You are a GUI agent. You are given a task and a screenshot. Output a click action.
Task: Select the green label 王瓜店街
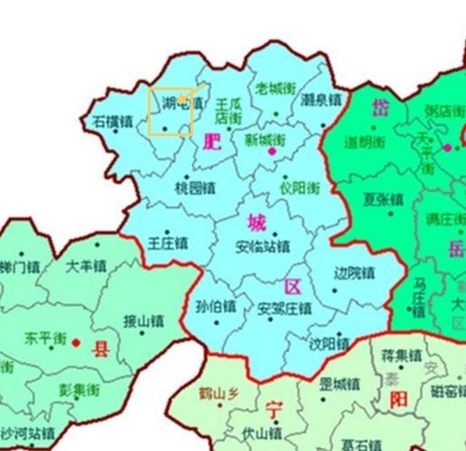[228, 111]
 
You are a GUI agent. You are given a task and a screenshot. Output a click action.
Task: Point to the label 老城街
[275, 88]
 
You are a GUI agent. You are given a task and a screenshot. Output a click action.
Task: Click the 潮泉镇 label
[320, 98]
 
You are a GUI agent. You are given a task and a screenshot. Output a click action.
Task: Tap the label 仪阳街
[299, 189]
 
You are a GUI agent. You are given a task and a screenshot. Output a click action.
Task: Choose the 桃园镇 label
[194, 189]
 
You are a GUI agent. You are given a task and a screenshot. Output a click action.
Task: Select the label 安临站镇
[262, 245]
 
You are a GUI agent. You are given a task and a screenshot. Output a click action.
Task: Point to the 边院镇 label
[354, 272]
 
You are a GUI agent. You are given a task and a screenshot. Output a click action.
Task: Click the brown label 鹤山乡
[220, 393]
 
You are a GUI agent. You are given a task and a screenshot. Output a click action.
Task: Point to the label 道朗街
[366, 143]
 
